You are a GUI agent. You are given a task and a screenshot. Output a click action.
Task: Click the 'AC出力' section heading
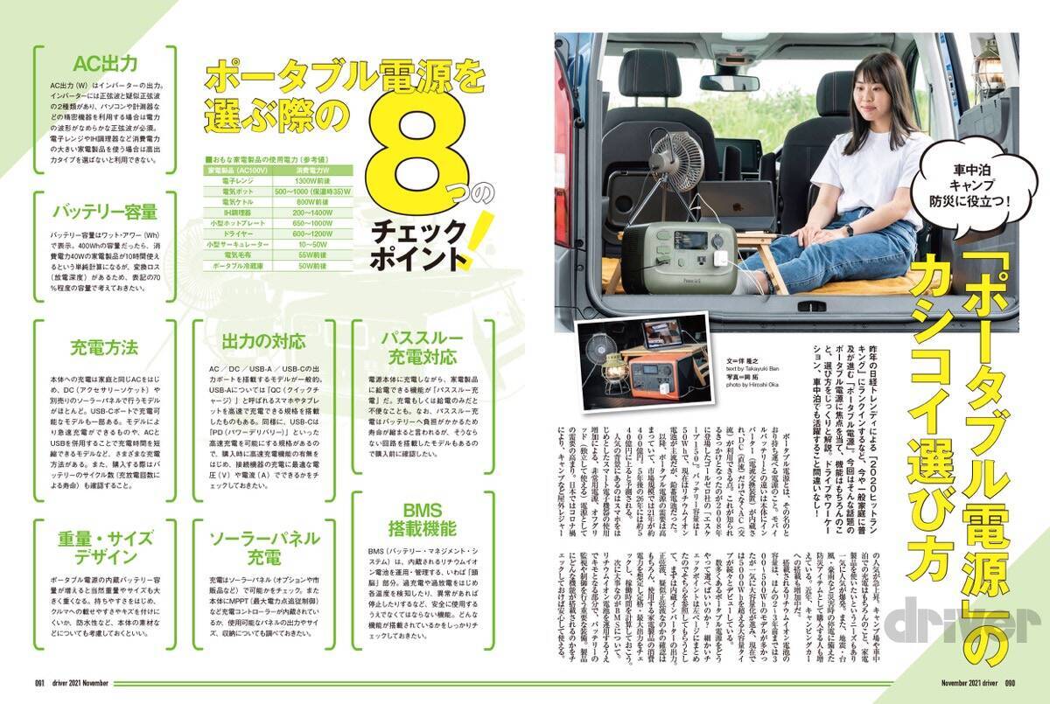tap(105, 63)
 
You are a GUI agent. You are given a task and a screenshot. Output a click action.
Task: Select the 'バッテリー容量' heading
tap(105, 212)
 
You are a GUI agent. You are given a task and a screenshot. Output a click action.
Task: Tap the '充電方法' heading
tap(105, 347)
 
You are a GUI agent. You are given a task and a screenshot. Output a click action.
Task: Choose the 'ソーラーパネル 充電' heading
tap(264, 547)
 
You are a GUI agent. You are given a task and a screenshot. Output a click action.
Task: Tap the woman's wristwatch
tap(848, 230)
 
